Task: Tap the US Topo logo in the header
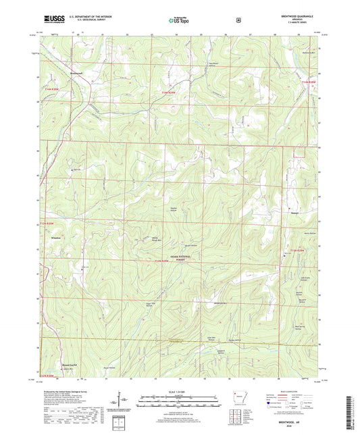click(x=179, y=20)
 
